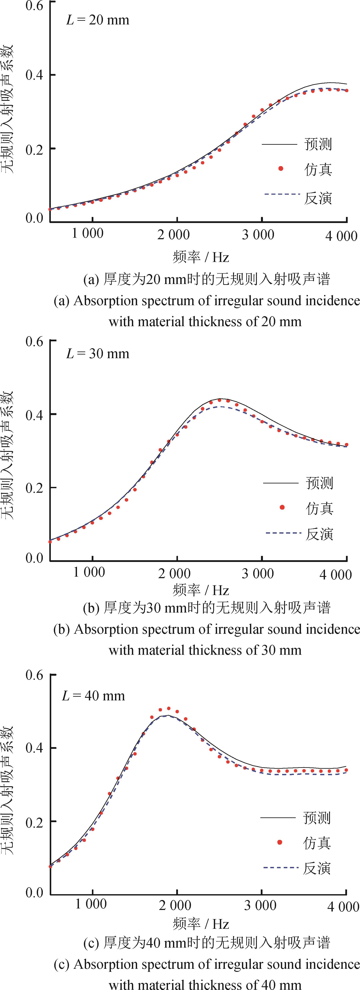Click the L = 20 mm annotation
pyautogui.click(x=98, y=20)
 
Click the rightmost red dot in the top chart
pyautogui.click(x=347, y=91)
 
